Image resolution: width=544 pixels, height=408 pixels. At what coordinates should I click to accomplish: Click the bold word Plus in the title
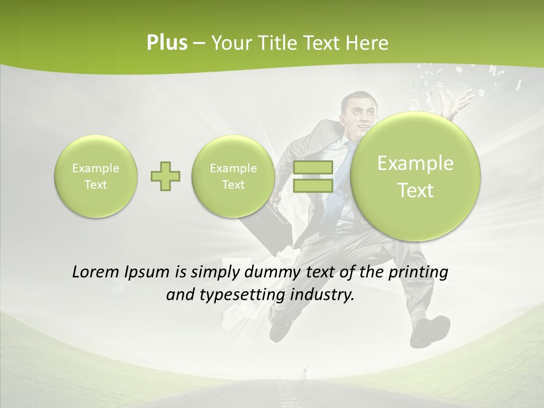coord(167,43)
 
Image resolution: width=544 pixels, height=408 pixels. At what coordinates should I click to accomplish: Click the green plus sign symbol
coord(165,176)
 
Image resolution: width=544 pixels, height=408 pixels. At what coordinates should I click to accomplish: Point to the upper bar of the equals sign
coord(313,167)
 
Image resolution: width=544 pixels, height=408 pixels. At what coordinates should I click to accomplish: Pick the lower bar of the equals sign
coord(313,186)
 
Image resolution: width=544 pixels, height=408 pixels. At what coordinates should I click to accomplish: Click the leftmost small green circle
coord(96,176)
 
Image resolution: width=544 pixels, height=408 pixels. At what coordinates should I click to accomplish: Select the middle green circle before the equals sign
coord(233,176)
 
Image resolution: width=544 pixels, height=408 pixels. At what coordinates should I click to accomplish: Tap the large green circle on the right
coord(415,176)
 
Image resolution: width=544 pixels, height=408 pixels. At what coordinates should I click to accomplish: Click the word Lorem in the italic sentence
coord(96,272)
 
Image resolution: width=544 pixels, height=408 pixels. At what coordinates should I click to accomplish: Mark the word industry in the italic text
coord(322,295)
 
